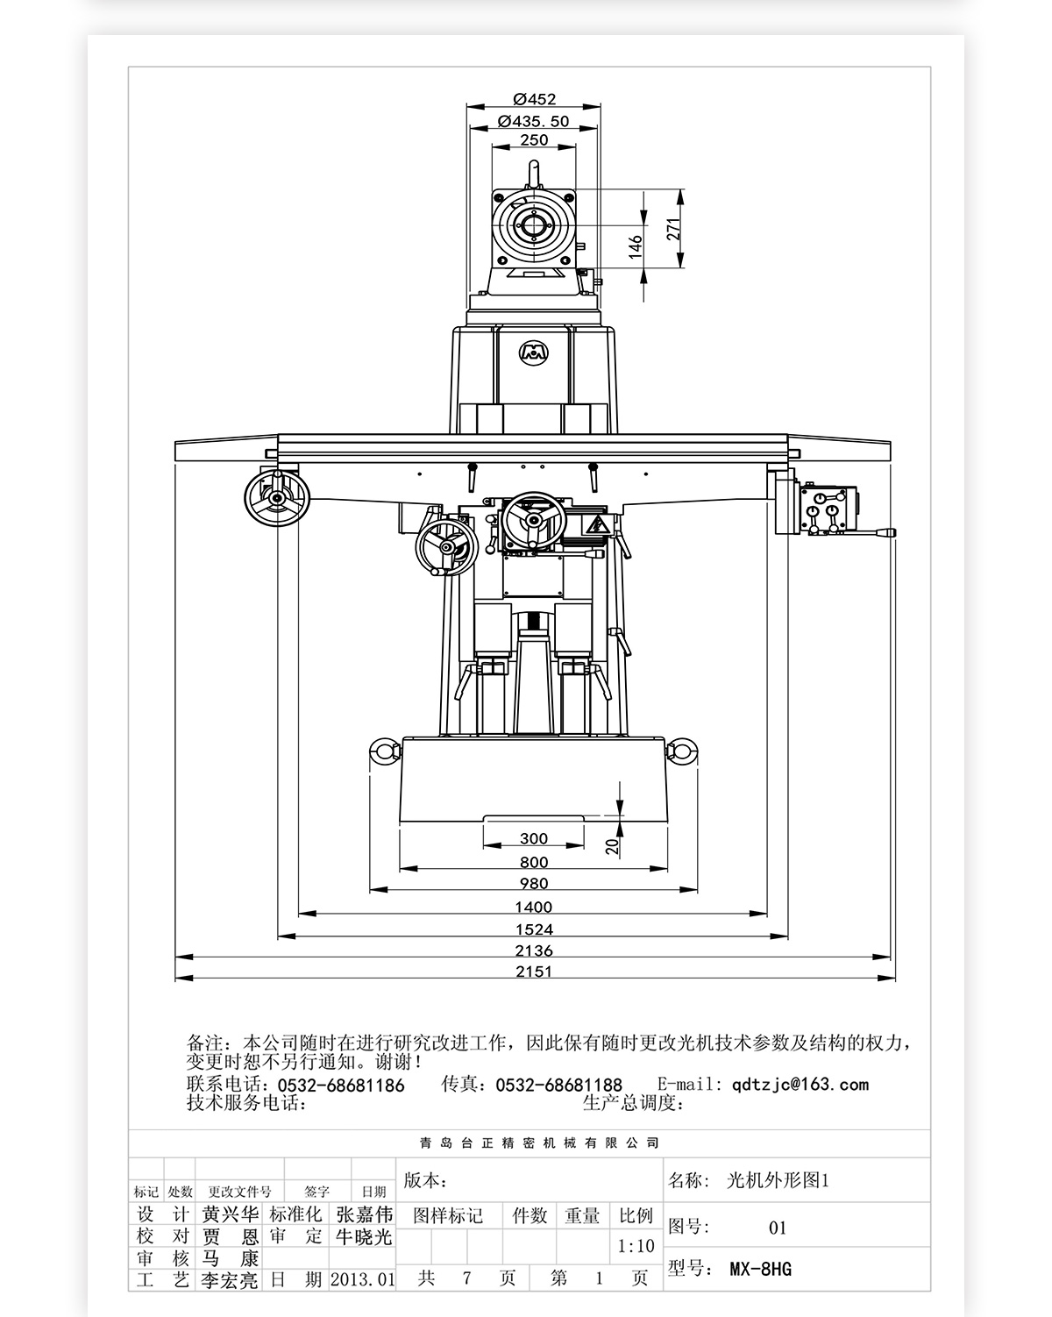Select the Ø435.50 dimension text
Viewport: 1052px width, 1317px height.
533,121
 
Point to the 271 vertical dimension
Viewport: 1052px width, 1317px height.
673,228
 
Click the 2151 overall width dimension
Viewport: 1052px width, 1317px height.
534,972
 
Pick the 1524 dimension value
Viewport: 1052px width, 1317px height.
534,929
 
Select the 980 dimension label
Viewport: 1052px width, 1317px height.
534,884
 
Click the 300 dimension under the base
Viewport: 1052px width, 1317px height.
534,839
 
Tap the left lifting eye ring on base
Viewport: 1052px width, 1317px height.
382,753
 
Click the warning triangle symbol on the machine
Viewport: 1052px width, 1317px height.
597,525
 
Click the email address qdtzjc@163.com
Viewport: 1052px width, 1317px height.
800,1085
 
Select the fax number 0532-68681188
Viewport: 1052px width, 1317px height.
558,1086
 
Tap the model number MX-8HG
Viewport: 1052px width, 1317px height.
760,1269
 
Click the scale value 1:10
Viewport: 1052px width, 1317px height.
636,1246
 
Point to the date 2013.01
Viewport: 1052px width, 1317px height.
363,1279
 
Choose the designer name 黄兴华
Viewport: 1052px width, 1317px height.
231,1214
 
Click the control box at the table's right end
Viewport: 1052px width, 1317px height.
828,509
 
